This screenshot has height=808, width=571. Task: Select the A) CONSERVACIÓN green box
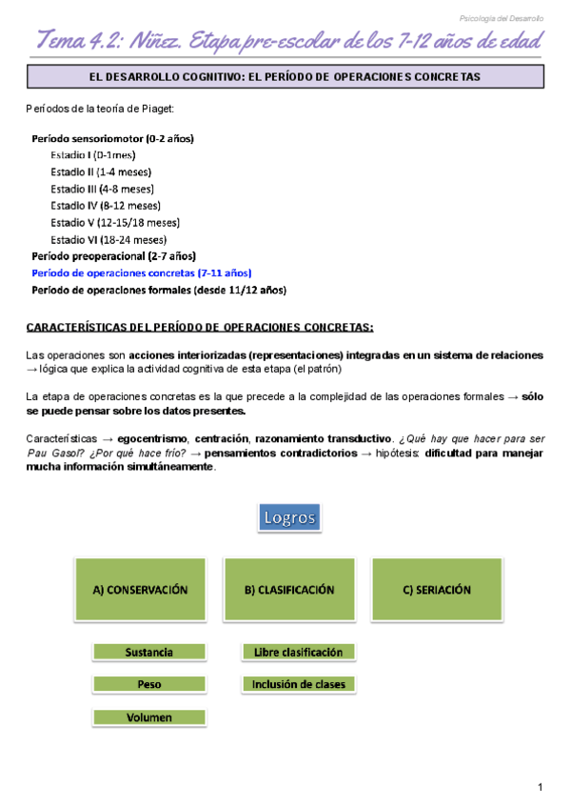point(140,590)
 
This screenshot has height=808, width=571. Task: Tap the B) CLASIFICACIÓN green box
point(289,590)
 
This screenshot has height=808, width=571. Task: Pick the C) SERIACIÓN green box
point(437,590)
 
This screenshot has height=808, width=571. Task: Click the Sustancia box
point(148,653)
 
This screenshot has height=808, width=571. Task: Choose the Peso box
point(148,684)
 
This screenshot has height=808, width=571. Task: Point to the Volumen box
point(148,717)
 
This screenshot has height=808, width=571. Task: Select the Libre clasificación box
point(298,653)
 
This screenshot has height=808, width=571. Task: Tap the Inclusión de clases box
point(298,684)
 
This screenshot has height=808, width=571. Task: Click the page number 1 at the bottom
point(540,787)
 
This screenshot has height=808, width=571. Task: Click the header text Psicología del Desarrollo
point(502,18)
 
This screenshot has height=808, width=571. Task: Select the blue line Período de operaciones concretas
point(141,273)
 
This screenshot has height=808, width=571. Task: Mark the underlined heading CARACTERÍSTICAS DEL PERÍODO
point(199,327)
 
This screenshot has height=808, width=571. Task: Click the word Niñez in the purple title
point(152,41)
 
